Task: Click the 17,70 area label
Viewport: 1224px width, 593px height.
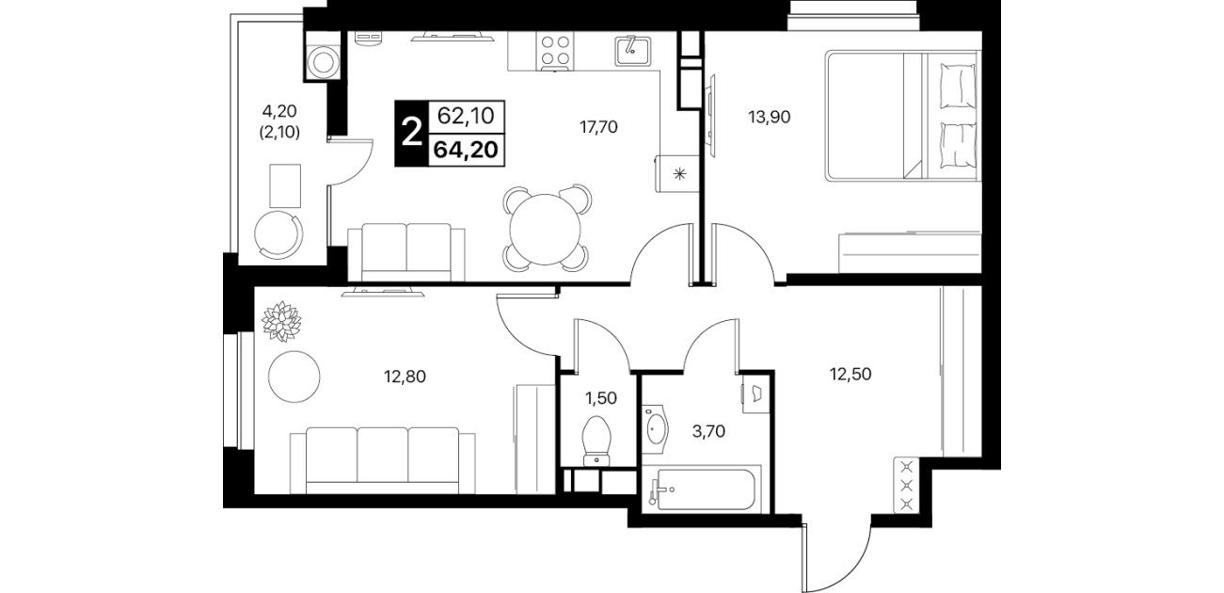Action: [x=598, y=127]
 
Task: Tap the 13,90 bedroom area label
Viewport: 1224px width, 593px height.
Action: [x=770, y=117]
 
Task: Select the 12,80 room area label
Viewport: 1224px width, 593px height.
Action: [x=405, y=377]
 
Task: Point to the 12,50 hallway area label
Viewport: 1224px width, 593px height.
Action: [x=850, y=375]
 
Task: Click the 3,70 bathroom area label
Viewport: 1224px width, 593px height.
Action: [x=708, y=432]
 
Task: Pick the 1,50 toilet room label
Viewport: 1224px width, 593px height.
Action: [x=600, y=398]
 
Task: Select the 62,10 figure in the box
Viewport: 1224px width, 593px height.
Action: [x=466, y=117]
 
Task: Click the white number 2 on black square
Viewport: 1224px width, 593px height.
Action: [x=411, y=134]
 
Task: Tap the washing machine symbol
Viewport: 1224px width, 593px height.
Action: [x=324, y=60]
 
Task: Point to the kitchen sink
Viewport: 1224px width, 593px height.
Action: [x=632, y=51]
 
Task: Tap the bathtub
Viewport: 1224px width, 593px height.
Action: [x=702, y=489]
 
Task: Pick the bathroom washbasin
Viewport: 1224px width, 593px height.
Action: [x=655, y=429]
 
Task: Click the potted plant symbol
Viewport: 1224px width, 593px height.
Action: [x=282, y=321]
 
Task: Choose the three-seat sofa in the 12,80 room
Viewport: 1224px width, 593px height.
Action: [x=383, y=460]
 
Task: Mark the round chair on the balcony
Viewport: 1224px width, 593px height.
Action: [x=278, y=234]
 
